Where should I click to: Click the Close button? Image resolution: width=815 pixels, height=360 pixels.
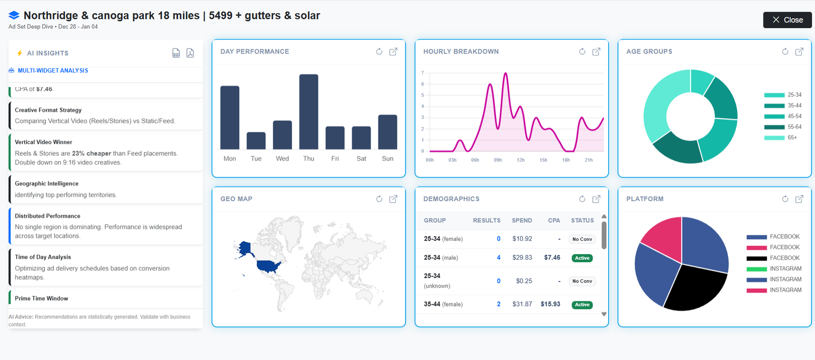pos(787,20)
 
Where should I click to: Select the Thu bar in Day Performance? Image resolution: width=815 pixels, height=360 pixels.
pos(309,112)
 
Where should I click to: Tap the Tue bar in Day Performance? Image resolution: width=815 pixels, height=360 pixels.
pos(256,141)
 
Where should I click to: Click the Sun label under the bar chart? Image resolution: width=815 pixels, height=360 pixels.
pos(388,159)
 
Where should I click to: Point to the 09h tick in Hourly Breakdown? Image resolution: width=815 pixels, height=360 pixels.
pos(498,160)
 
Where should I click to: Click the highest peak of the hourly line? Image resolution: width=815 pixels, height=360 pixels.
pos(506,74)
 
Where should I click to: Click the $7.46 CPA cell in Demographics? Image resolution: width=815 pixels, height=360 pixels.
pos(552,258)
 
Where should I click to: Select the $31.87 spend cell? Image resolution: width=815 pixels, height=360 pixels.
pos(522,304)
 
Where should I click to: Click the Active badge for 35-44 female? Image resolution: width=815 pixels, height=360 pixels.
pos(582,304)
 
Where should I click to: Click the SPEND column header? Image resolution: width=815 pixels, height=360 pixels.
pos(522,220)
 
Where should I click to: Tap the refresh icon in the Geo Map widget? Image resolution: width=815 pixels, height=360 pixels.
pos(379,199)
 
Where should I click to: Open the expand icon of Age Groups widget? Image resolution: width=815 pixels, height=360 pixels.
pos(799,51)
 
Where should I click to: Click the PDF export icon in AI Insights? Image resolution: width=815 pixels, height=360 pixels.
pos(190,53)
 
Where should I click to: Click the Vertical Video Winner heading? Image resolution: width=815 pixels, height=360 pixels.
pos(43,142)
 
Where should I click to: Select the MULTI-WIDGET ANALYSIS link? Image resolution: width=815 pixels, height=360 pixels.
pos(52,71)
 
